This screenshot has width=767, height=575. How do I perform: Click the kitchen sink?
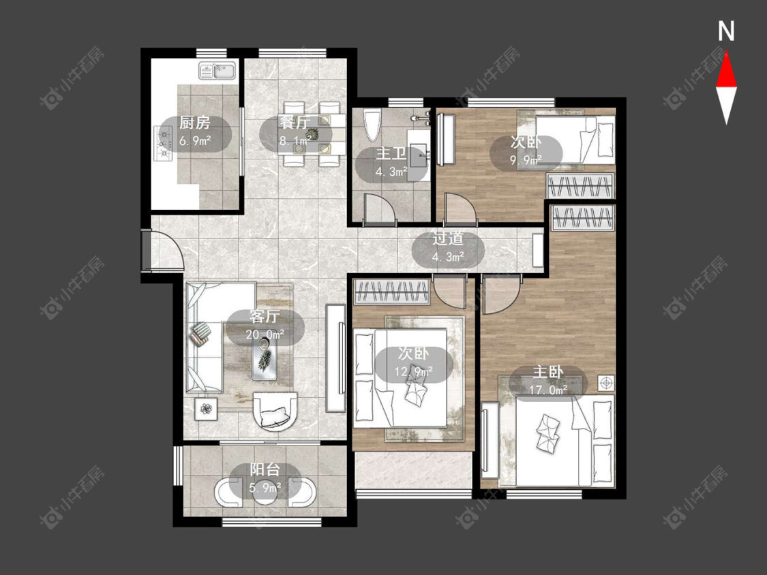pos(217,70)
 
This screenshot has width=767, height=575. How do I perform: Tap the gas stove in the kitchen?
pos(163,143)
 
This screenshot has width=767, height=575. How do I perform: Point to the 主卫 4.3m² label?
pos(391,163)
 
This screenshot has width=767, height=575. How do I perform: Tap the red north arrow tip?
pos(726,53)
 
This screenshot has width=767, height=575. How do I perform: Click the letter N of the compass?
pos(726,31)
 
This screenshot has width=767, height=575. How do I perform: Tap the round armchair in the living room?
pos(275,411)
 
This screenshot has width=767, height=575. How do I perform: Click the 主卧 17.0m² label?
pos(548,380)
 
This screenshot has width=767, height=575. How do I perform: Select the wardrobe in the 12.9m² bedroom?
pos(392,292)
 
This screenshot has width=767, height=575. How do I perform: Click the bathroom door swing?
pos(379,209)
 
